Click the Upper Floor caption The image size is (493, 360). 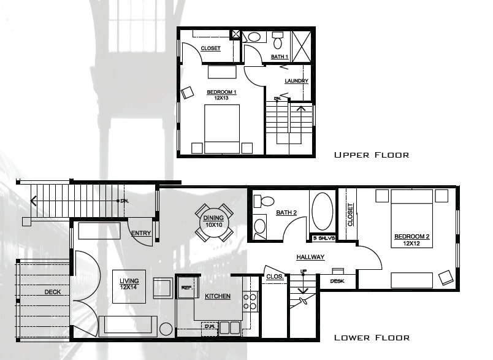pos(371,155)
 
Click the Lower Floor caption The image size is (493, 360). pos(372,338)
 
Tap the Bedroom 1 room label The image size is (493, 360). pos(221,94)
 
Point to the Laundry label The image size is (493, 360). pos(296,81)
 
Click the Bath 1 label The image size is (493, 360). pos(279,57)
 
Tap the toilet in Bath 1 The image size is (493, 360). pos(277,41)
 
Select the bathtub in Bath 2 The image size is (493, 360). pos(322,212)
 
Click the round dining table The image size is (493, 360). pos(214,222)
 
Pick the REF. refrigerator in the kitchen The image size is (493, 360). pos(186,287)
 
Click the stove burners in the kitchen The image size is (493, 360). pos(250,301)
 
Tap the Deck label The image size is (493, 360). pos(53,292)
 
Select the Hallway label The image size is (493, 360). pos(310,257)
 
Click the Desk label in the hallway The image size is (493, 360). pos(337,281)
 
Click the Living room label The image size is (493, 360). pos(129,283)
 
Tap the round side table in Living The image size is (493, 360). pos(166,329)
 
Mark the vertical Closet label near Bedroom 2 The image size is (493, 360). pos(351,215)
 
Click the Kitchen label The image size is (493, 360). pos(218,297)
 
